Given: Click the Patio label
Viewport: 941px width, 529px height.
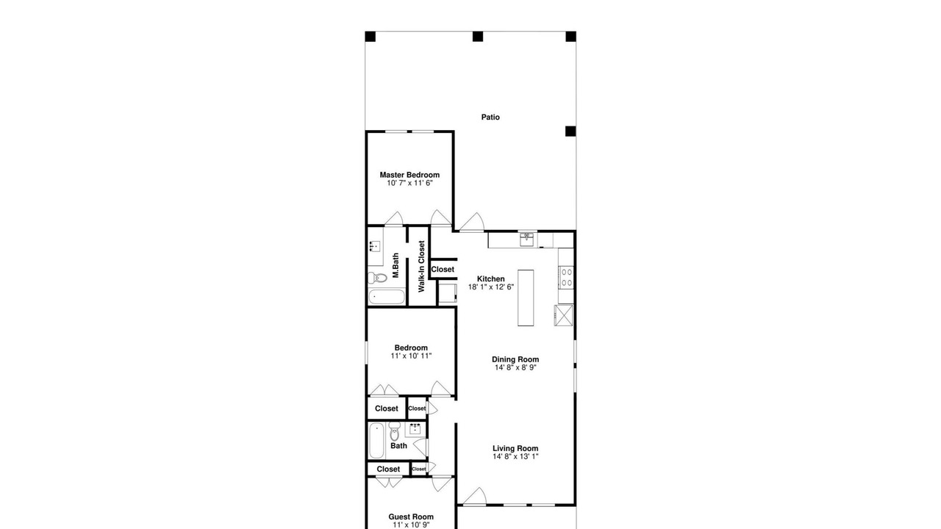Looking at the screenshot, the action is tap(490, 117).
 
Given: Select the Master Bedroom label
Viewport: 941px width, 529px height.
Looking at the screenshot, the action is tap(409, 175).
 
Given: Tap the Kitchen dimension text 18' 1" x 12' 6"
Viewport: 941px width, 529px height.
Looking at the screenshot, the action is tap(491, 287).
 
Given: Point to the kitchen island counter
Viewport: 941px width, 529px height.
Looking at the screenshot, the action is tap(526, 298).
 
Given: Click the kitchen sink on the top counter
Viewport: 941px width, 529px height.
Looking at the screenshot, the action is tap(527, 240).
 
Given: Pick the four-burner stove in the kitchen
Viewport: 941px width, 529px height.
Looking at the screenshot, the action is tap(566, 277).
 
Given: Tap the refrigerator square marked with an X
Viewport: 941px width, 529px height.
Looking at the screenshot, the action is tap(564, 315).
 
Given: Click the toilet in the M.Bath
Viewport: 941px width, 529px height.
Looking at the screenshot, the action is tap(377, 278).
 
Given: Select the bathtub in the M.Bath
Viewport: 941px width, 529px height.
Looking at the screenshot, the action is tap(387, 297).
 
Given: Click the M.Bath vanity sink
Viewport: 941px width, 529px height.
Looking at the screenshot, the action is tap(375, 246).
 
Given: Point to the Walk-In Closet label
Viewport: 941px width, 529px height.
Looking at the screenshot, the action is tap(421, 266).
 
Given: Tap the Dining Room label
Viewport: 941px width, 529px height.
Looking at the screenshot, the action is tap(515, 359).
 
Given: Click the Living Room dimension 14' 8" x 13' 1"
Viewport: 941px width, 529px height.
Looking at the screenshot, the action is tap(515, 456).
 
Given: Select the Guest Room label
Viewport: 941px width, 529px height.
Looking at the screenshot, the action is tap(411, 517).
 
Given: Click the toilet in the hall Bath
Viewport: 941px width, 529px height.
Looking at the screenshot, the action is tap(394, 431).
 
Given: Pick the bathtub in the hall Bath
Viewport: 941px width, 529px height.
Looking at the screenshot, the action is tap(377, 440).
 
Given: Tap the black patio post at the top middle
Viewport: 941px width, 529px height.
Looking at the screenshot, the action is tap(478, 37).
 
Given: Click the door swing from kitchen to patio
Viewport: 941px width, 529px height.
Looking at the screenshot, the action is tap(472, 222).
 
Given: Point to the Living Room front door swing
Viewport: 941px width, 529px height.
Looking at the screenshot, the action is tap(475, 496).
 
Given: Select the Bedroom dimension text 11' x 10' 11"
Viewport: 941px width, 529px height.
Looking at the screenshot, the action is tap(411, 356).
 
